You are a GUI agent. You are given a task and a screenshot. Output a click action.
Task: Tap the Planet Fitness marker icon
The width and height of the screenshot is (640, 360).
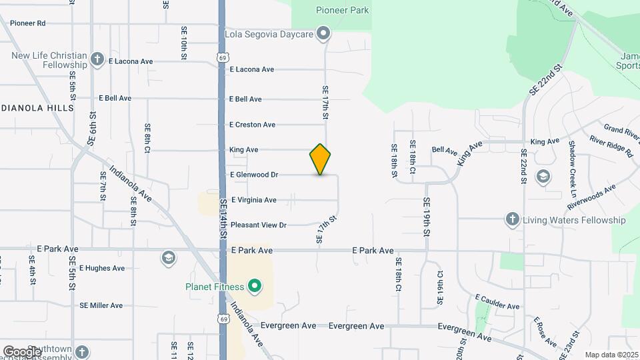254,287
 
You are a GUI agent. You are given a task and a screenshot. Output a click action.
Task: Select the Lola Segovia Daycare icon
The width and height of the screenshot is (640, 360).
323,33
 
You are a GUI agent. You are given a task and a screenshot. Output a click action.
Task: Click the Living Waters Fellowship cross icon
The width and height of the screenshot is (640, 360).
512,219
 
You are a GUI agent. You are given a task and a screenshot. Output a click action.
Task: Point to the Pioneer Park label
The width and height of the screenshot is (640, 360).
342,10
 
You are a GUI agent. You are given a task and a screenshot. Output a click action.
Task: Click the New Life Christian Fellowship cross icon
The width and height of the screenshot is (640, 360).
97,58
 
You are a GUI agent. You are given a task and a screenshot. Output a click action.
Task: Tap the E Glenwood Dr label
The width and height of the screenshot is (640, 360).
253,175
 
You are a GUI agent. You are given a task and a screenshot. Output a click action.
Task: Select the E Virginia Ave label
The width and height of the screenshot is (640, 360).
253,200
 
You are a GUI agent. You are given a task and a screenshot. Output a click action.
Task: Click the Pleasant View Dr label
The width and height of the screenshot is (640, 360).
258,225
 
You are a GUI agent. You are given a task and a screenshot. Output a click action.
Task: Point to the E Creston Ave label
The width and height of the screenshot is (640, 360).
252,125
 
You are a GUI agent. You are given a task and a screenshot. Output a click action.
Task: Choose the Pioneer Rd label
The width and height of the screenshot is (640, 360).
27,23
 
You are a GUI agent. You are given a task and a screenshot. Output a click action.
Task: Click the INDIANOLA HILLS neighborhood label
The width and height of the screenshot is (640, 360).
33,108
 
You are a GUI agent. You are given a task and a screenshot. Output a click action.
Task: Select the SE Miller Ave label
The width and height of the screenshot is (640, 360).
101,305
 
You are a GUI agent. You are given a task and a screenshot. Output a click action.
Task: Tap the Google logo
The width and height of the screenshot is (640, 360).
22,351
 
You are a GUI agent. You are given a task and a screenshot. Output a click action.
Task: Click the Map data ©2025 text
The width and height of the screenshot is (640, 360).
611,354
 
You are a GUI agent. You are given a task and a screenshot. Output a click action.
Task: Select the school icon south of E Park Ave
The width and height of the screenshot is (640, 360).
169,257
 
